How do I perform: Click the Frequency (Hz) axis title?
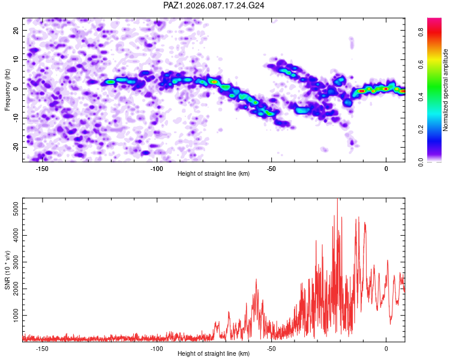[8, 89]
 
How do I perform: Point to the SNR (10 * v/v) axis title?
[8, 269]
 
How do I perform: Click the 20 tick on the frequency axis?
[16, 30]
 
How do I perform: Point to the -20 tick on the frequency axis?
[14, 147]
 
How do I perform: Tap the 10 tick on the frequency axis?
[16, 59]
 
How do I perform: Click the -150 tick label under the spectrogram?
[42, 169]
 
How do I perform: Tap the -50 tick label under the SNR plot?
[271, 349]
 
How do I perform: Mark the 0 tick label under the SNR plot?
[386, 349]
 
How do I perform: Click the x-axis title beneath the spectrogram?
[214, 174]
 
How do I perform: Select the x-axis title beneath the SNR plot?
[214, 354]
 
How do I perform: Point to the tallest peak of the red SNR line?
[337, 200]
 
